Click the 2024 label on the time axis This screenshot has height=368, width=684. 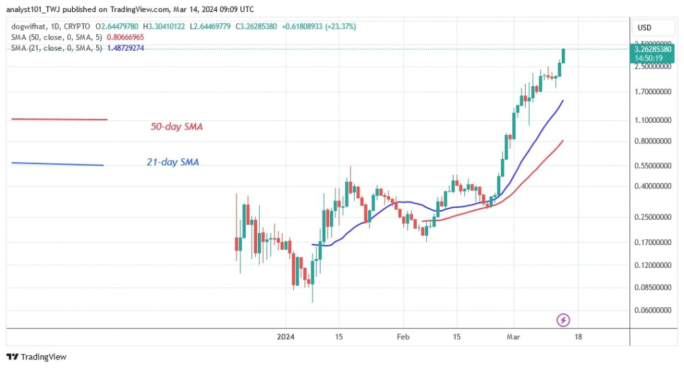(x=286, y=337)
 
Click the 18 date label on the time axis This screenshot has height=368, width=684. (x=578, y=337)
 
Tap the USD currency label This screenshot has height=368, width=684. (x=645, y=27)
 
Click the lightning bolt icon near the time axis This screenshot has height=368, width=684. (x=562, y=321)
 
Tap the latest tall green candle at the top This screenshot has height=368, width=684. (x=564, y=55)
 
